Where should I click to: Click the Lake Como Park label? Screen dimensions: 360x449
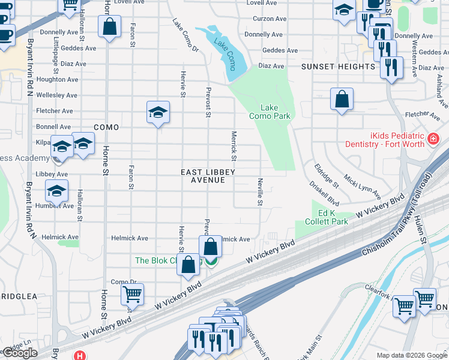(x=270, y=112)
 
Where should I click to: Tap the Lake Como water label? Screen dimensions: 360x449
(x=226, y=53)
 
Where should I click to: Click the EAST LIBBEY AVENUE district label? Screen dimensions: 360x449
(x=208, y=176)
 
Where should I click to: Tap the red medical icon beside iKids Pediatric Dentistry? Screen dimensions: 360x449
(x=433, y=140)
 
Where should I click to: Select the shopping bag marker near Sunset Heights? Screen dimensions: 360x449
(x=342, y=100)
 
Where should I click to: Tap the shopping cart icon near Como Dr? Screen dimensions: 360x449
(x=132, y=294)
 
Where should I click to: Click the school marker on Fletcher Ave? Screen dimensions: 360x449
(x=158, y=112)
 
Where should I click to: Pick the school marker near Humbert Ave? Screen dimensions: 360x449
(x=56, y=192)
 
